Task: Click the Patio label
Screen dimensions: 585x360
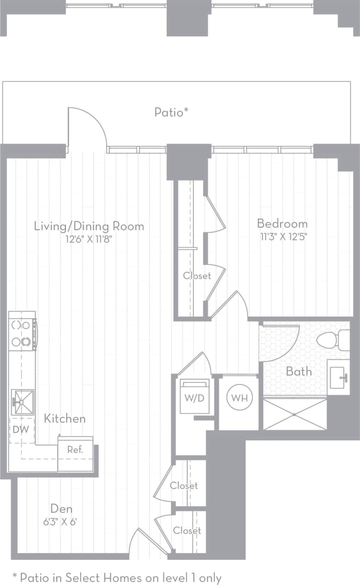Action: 171,112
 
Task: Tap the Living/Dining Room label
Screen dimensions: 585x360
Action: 89,226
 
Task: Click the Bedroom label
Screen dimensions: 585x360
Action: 282,224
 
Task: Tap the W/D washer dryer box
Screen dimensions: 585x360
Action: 194,397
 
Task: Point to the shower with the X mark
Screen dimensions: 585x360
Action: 295,414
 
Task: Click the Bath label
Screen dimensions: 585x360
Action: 299,371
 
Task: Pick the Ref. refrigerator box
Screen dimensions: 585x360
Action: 76,453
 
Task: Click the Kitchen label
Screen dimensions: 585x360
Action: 65,418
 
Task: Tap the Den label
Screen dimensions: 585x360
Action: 61,509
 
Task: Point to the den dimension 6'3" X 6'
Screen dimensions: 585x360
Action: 61,521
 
